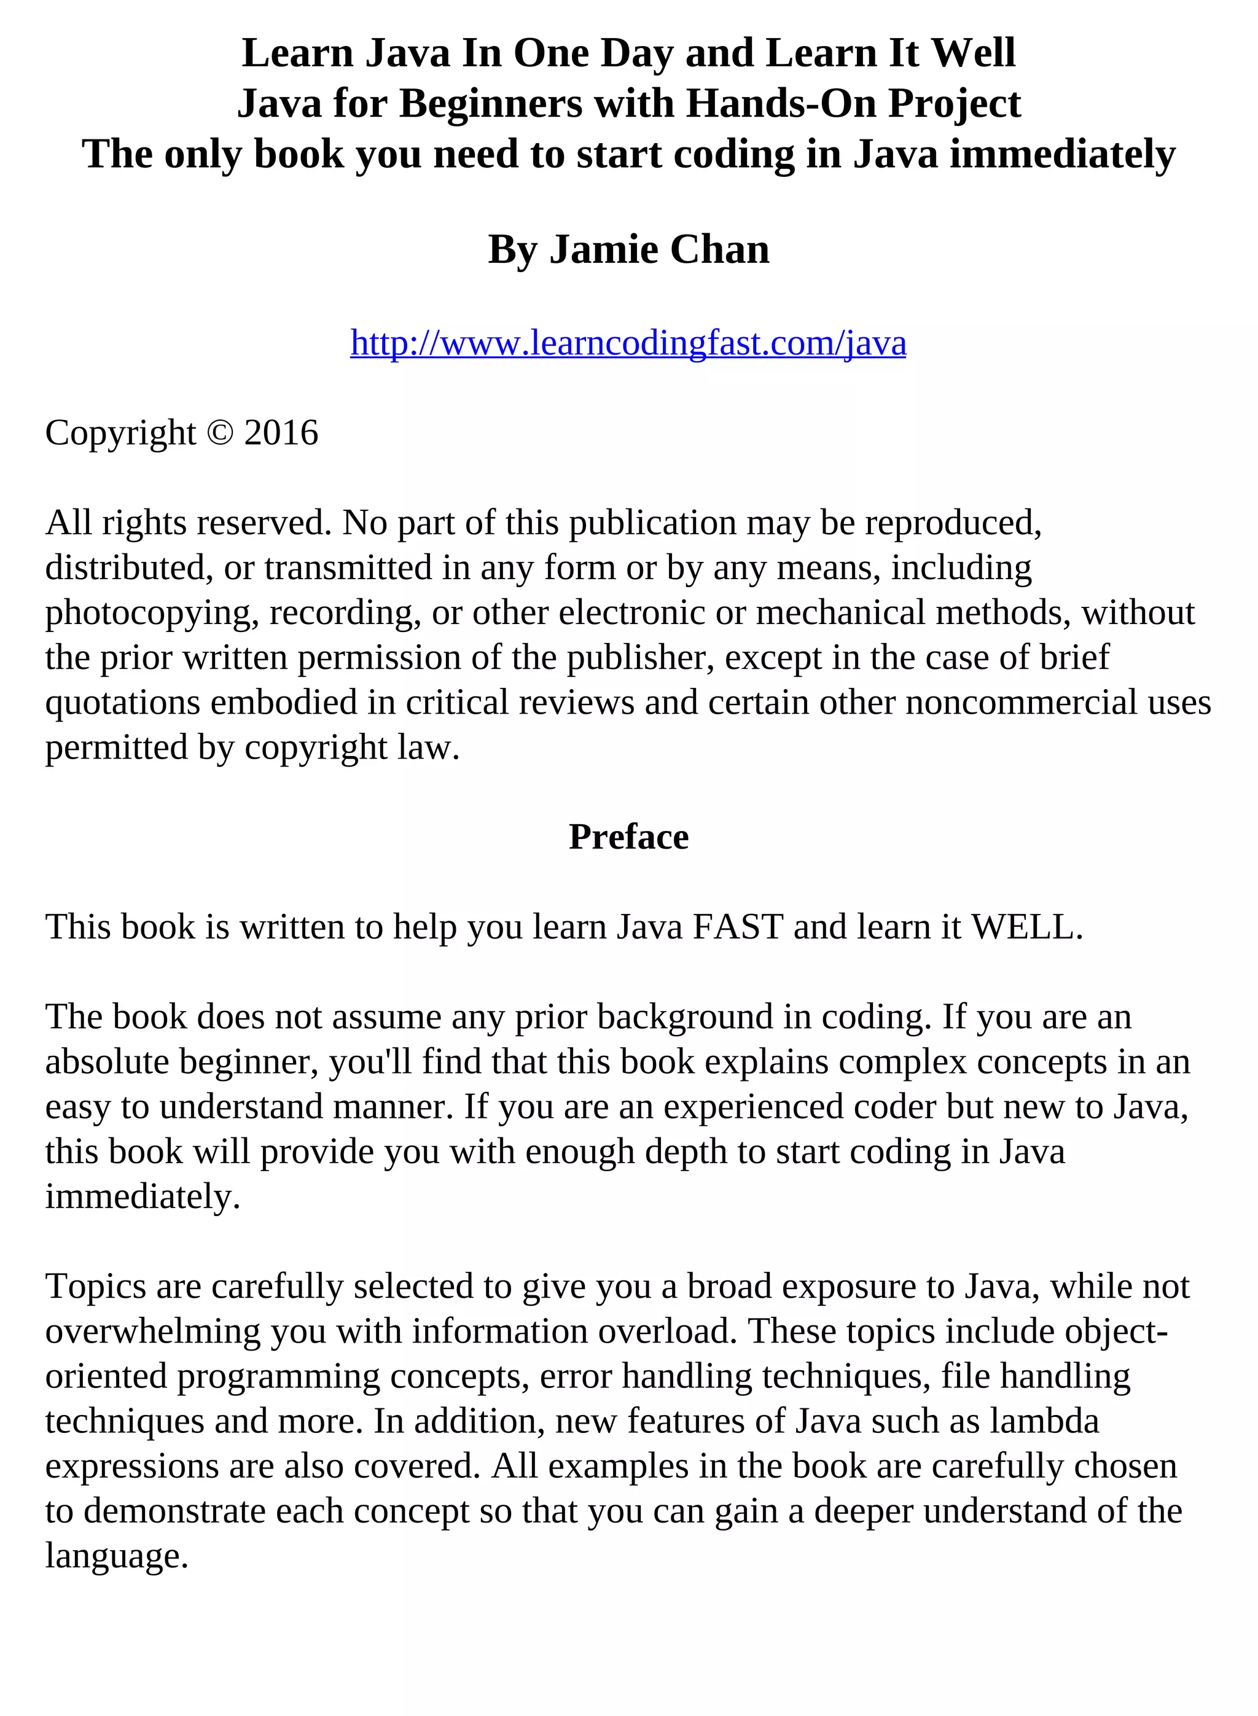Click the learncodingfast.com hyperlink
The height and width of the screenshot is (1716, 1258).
pos(628,343)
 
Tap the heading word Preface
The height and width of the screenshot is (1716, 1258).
pos(628,837)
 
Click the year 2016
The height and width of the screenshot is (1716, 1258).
pos(281,432)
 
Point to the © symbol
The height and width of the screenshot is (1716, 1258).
pos(220,432)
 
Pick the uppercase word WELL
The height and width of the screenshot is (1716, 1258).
pos(1026,927)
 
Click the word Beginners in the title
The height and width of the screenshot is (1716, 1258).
pos(490,104)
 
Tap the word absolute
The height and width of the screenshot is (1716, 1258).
pos(107,1062)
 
